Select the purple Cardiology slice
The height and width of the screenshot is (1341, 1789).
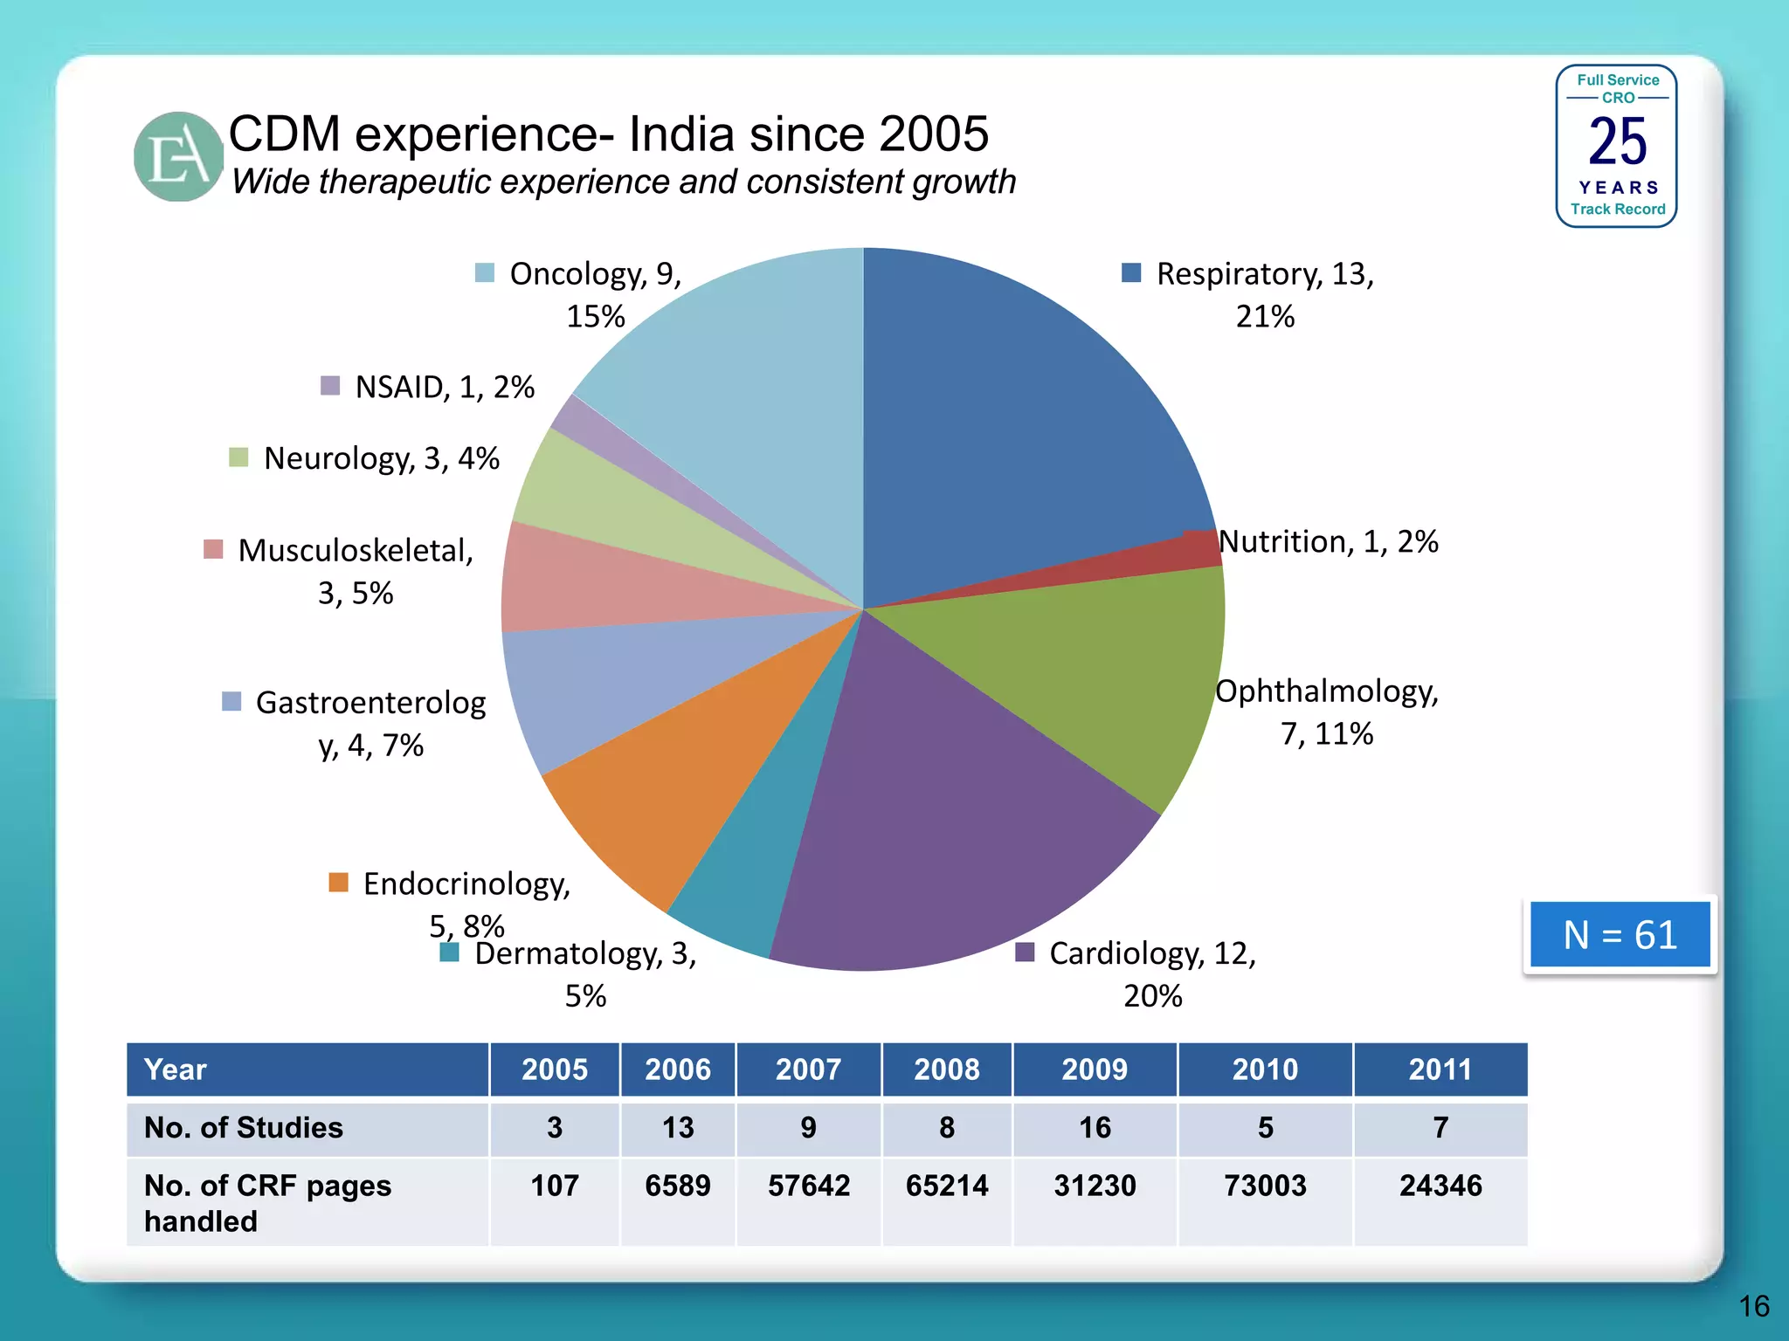943,812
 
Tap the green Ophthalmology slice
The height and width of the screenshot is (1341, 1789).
1092,672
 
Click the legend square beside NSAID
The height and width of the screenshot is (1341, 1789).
330,386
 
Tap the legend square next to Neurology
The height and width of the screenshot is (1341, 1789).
238,457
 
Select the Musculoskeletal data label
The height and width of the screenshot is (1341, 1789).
356,571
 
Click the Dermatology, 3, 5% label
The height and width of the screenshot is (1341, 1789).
585,973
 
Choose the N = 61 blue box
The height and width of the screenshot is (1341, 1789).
1620,935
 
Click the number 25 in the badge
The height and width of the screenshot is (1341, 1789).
1617,142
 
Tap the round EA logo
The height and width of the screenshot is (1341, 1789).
178,157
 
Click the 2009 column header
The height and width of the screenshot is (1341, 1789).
1095,1069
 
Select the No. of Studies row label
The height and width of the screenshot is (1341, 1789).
244,1128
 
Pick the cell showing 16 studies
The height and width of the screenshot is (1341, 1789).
1095,1128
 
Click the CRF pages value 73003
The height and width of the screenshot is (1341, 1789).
1265,1186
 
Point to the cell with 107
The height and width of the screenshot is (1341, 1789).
555,1186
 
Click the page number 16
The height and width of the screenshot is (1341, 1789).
1753,1306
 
